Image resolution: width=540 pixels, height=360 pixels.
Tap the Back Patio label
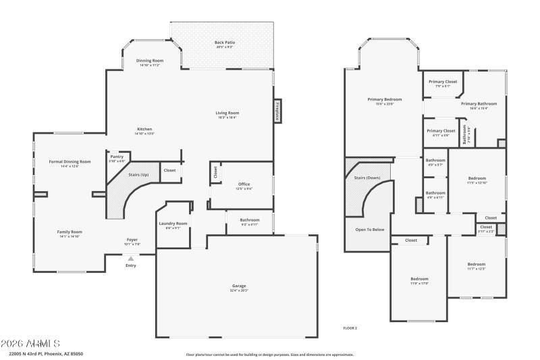[225, 42]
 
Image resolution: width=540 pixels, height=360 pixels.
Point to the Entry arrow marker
[131, 258]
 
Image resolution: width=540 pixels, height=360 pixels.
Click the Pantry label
[117, 157]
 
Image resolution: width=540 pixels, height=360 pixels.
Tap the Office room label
[244, 184]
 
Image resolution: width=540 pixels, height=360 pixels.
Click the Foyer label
[132, 239]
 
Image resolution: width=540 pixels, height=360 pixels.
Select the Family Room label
[69, 232]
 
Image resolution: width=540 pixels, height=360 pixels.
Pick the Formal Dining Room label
[70, 161]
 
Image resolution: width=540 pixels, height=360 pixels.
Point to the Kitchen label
[144, 129]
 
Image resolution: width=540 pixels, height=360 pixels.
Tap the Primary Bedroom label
[380, 99]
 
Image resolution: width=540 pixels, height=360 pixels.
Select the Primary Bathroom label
[479, 103]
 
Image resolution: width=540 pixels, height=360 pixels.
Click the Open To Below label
[369, 230]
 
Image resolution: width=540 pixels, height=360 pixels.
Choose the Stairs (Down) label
[367, 178]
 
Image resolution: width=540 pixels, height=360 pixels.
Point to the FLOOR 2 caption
[350, 328]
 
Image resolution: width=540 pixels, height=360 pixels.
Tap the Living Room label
[227, 113]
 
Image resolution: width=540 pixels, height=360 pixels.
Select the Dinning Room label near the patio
[150, 60]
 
